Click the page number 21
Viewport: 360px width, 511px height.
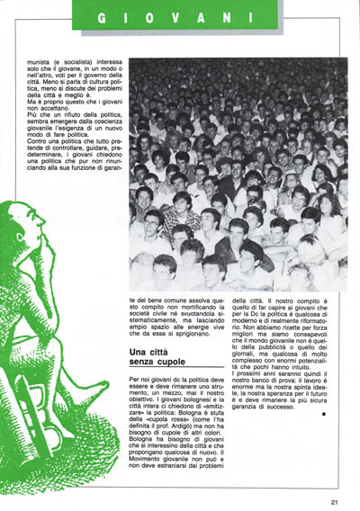(334, 502)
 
